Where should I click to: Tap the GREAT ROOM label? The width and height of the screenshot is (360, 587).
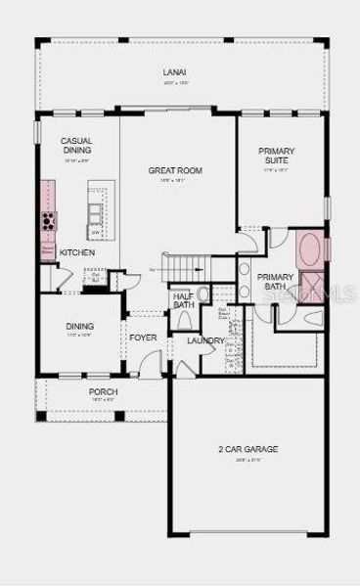(x=175, y=170)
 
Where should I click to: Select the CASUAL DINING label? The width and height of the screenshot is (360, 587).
(x=76, y=147)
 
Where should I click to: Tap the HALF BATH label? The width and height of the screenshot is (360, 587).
(x=183, y=301)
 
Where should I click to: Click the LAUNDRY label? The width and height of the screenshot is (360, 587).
(x=206, y=340)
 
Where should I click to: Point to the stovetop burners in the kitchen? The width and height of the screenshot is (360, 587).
(x=47, y=222)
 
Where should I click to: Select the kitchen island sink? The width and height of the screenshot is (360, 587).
(x=95, y=211)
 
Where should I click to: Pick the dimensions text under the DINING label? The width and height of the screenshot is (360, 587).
(x=79, y=336)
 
